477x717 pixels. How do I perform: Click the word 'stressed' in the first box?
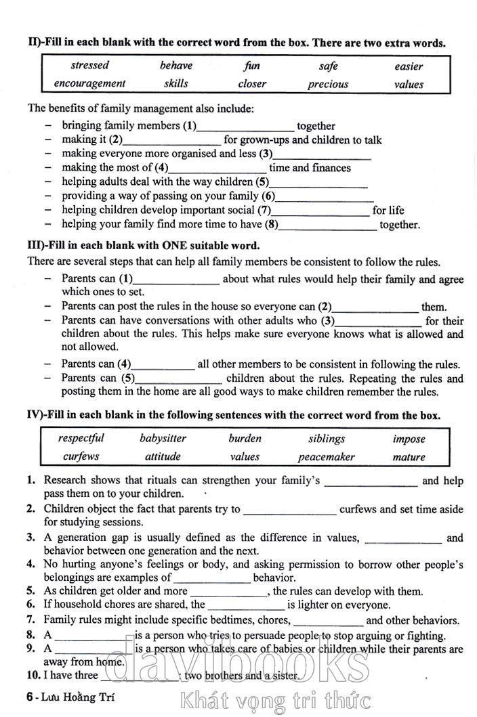pos(90,66)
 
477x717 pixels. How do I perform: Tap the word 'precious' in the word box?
pos(328,85)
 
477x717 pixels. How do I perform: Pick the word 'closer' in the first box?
pos(252,84)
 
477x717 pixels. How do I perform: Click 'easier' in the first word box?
pos(409,66)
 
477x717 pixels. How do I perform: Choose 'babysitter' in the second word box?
pos(163,439)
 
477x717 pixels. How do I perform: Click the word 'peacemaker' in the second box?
pos(326,457)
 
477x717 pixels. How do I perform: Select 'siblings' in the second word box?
pos(327,439)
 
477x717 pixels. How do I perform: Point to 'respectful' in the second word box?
pos(81,439)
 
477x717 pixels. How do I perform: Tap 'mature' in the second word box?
pos(409,457)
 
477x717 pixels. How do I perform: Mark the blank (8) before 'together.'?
pos(328,226)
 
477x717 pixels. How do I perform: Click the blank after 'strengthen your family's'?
pos(371,483)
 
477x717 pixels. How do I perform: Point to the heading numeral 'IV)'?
pos(36,415)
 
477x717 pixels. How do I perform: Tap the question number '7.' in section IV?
pos(30,620)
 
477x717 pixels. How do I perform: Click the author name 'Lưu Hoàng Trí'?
pos(71,695)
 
